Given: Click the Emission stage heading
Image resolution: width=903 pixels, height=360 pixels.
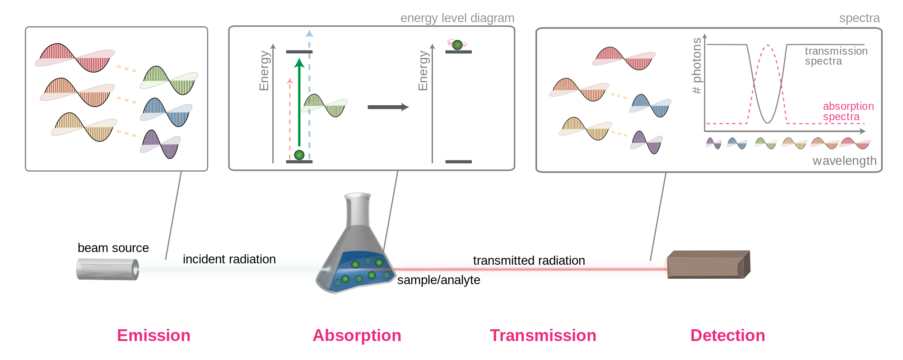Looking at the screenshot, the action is pyautogui.click(x=154, y=336).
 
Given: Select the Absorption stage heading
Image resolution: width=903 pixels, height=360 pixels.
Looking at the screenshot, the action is pyautogui.click(x=357, y=336).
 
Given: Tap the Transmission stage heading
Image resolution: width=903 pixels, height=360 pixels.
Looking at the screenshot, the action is pyautogui.click(x=543, y=336).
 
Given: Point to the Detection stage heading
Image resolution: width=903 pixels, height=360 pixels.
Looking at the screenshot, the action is pyautogui.click(x=728, y=336).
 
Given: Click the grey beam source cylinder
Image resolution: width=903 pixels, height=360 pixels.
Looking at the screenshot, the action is pyautogui.click(x=107, y=269).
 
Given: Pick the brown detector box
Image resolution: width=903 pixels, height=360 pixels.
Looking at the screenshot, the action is pyautogui.click(x=708, y=265).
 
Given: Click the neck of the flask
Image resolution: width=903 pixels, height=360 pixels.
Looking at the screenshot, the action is pyautogui.click(x=358, y=210).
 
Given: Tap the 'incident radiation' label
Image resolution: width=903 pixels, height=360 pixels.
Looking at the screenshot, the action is pyautogui.click(x=229, y=259).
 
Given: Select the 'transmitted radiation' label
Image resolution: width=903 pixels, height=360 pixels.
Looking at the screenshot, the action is pyautogui.click(x=529, y=261).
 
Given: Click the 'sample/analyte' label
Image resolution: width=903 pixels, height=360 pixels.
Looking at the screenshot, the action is pyautogui.click(x=439, y=280).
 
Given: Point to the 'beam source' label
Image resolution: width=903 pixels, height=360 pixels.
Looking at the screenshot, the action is pyautogui.click(x=113, y=248).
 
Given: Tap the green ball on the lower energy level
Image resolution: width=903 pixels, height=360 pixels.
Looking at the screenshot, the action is pyautogui.click(x=299, y=155).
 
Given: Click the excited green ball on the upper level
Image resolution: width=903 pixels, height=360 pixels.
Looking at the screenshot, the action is pyautogui.click(x=457, y=45).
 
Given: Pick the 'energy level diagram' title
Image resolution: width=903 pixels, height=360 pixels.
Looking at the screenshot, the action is pyautogui.click(x=457, y=18).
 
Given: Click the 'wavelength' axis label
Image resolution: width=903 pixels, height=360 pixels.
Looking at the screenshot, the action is pyautogui.click(x=845, y=161).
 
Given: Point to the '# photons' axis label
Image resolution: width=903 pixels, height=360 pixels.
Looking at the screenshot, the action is pyautogui.click(x=697, y=65).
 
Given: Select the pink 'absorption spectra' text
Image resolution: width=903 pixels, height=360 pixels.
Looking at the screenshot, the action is pyautogui.click(x=848, y=112).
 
